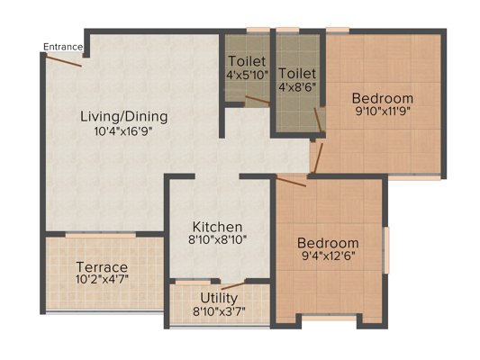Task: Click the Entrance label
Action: point(63,47)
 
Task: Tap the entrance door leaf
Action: point(64,60)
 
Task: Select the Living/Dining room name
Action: point(124,117)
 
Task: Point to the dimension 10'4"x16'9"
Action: point(123,131)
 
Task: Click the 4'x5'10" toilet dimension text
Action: point(247,75)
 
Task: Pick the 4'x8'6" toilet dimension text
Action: point(297,87)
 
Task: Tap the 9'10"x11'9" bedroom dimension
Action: point(383,111)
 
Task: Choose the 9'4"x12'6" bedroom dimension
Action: point(328,256)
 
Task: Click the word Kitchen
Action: point(217,227)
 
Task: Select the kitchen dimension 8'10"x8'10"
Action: point(217,239)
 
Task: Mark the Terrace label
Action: point(102,267)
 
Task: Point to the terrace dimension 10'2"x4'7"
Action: point(102,279)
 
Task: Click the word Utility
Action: point(219,298)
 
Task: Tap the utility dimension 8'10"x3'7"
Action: point(219,311)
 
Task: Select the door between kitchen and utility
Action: point(233,286)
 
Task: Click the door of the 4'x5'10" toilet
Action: point(258,100)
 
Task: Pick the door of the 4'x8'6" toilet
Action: point(318,120)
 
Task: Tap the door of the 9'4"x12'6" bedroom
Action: point(291,181)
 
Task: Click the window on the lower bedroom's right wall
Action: point(387,250)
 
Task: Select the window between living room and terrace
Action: point(100,235)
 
